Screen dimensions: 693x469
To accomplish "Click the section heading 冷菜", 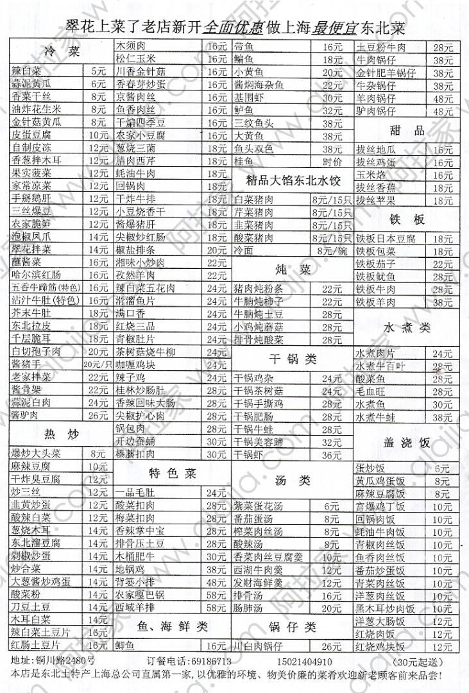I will click(x=62, y=52).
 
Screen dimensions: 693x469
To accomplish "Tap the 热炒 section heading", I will click(x=62, y=435).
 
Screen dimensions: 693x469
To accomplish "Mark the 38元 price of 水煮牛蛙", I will click(x=442, y=417).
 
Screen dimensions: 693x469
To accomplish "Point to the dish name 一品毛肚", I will click(x=133, y=493).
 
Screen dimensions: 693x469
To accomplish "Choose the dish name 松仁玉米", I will click(x=132, y=58).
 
